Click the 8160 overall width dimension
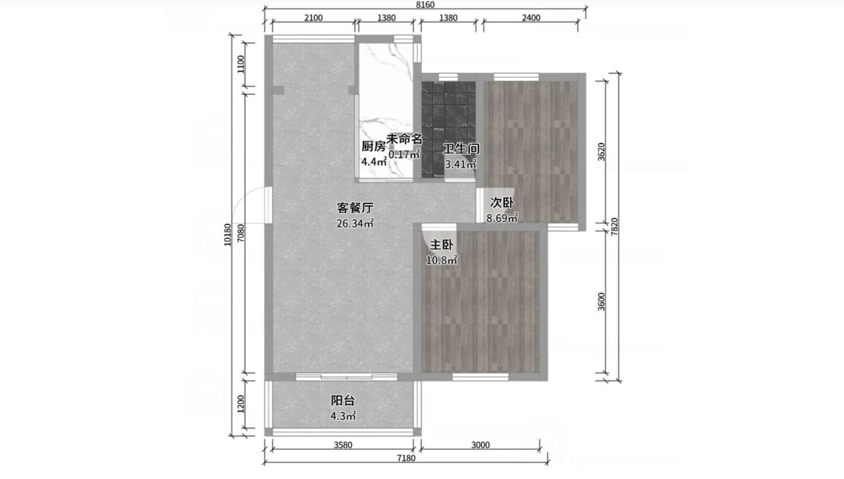425,5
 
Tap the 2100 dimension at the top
313,18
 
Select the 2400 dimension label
531,18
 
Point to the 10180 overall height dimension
227,235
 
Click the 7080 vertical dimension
241,233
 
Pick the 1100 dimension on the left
241,64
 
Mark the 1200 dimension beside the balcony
241,404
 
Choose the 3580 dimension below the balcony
343,445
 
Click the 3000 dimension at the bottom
481,445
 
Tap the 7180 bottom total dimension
406,458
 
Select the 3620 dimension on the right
601,152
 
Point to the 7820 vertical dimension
615,227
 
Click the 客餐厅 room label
355,208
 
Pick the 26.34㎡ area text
355,223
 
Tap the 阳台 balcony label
343,400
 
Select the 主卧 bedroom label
442,245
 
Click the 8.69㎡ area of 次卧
502,218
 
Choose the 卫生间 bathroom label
461,149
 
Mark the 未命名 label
404,139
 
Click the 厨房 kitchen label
373,146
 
